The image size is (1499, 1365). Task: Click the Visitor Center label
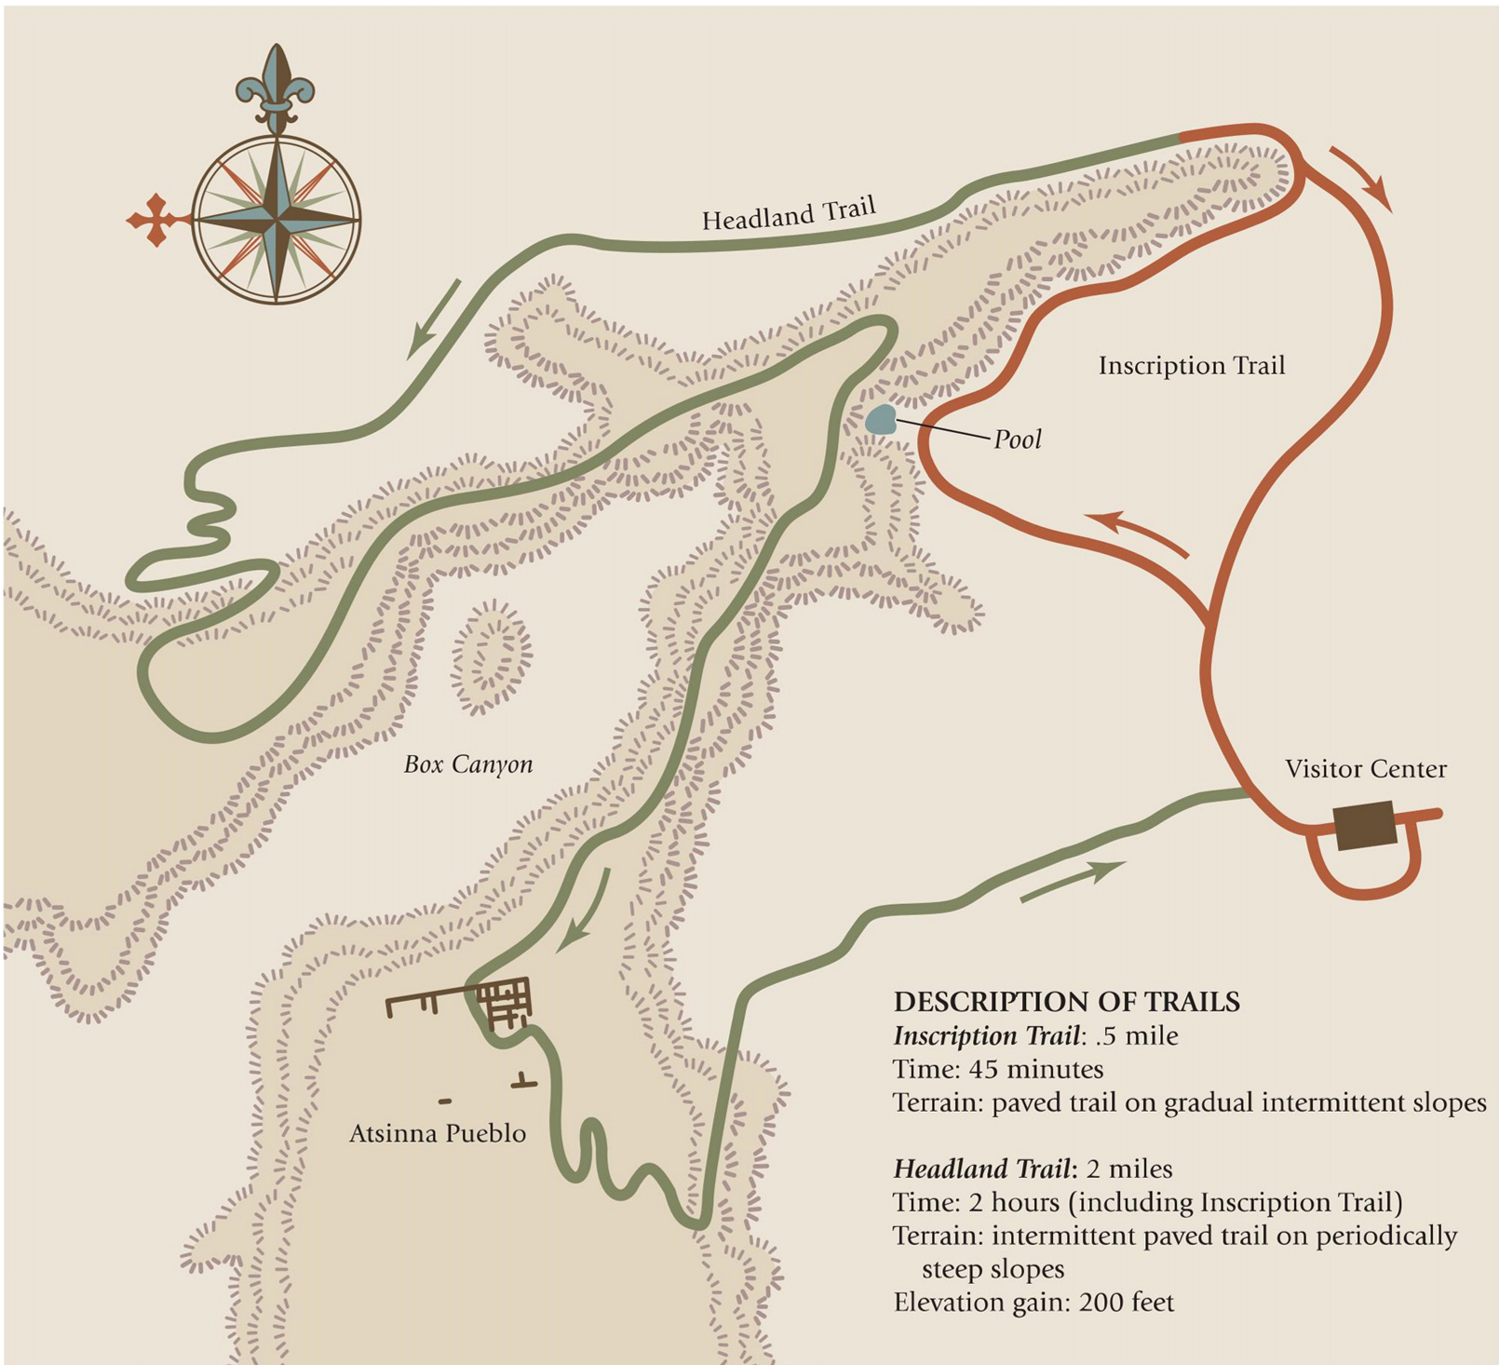click(1365, 769)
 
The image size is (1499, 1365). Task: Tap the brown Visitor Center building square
click(1366, 825)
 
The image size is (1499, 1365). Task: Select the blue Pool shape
click(881, 420)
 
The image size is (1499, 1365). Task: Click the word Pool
click(1017, 439)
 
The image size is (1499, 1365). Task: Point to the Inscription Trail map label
click(1191, 365)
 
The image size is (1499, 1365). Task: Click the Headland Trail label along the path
click(789, 213)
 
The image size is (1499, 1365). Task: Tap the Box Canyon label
click(468, 764)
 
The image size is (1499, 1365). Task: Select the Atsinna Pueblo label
click(438, 1133)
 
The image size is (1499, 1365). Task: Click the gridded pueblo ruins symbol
click(504, 1002)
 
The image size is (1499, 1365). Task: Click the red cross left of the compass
click(154, 221)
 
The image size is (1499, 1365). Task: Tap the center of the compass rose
click(277, 221)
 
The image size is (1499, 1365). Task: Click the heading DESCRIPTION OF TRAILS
click(1066, 1002)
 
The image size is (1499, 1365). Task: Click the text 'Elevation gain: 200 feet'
click(1033, 1302)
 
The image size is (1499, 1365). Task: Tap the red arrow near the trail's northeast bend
click(1361, 178)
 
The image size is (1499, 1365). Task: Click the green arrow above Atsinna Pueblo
click(585, 912)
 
